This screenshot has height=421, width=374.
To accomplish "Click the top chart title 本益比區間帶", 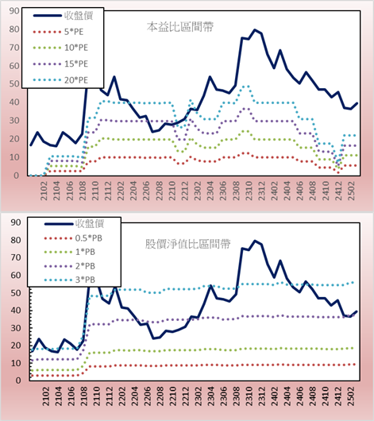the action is (180, 27).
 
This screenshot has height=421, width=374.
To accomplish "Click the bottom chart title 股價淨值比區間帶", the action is (187, 244).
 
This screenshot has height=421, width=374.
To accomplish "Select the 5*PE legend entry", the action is (58, 32).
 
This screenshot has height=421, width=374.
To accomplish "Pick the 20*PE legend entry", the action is (60, 80).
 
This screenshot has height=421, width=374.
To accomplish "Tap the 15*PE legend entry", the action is (60, 64).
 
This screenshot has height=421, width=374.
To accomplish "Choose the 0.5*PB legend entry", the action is (73, 238).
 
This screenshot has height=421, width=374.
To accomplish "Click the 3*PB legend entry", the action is (70, 280).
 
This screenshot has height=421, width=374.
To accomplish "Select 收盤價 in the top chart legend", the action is (63, 16).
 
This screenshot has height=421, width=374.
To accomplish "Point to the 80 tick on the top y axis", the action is (14, 29).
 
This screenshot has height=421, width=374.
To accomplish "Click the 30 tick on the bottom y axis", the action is (16, 328).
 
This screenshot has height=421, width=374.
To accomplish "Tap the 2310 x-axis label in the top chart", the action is (249, 191).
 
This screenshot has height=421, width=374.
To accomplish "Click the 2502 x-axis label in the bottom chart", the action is (351, 396).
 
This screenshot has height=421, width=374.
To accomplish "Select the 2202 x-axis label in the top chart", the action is (121, 191).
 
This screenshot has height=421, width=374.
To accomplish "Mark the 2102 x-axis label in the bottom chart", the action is (44, 396).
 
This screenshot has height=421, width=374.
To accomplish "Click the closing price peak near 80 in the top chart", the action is (255, 30).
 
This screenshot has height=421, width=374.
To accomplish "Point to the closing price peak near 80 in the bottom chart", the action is (255, 241).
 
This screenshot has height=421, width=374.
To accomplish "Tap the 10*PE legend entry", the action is (60, 48).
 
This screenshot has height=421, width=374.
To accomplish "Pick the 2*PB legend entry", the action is (70, 266).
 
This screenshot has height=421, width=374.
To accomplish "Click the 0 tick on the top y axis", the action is (17, 176).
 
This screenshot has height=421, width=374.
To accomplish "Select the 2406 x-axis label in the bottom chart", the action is (299, 396).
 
